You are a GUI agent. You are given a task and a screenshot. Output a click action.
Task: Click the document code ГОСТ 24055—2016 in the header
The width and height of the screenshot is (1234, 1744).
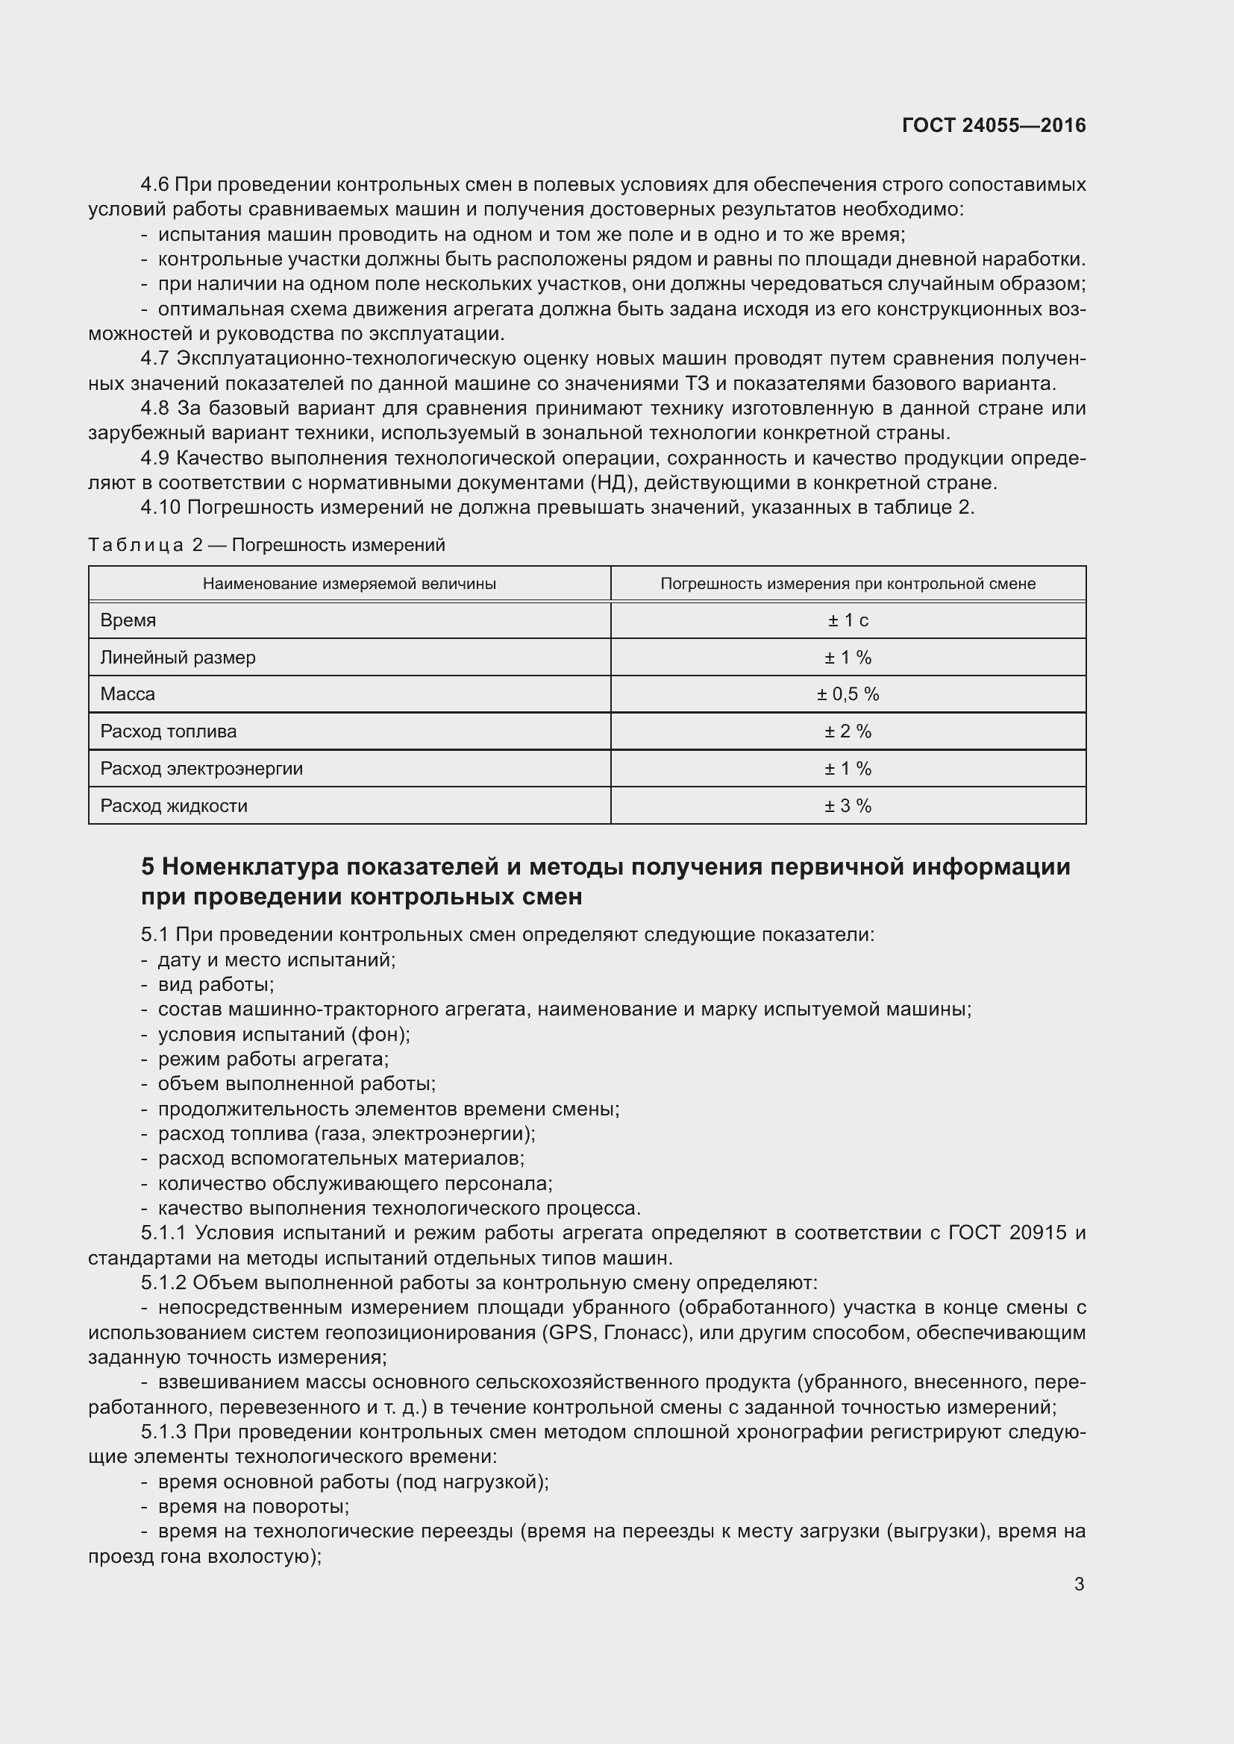tap(993, 125)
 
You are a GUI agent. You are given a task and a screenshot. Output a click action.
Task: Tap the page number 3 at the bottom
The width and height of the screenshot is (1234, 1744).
tap(1079, 1584)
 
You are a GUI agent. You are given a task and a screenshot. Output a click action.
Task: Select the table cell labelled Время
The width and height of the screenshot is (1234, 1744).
tap(128, 620)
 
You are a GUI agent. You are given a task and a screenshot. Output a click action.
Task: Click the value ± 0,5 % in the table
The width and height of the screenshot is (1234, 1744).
tap(848, 693)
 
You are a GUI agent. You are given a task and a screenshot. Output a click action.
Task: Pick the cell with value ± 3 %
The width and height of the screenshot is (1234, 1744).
tap(848, 805)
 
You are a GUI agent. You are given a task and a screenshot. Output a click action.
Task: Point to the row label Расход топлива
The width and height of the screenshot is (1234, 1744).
tap(168, 731)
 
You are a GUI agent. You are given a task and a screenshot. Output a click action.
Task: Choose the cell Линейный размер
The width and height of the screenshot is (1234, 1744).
tap(178, 657)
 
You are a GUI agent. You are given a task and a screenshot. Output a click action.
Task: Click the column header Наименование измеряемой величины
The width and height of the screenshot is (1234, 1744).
tap(348, 583)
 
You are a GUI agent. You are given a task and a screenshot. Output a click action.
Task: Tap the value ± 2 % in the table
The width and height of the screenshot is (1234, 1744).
tap(848, 731)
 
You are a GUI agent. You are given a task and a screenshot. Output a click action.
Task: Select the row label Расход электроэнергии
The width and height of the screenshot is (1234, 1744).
tap(201, 768)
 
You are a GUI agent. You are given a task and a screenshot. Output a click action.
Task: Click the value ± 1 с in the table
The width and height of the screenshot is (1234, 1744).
tap(848, 620)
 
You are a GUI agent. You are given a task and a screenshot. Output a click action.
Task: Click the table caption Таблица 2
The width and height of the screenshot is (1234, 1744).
tap(145, 544)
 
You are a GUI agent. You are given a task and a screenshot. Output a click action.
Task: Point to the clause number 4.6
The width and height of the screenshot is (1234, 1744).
tap(155, 185)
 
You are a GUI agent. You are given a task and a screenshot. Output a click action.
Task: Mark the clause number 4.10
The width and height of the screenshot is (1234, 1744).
tap(160, 508)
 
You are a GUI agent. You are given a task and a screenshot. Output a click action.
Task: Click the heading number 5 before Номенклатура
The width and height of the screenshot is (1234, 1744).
tap(148, 866)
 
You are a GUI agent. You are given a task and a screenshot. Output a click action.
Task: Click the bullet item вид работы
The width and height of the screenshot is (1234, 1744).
tap(216, 984)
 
